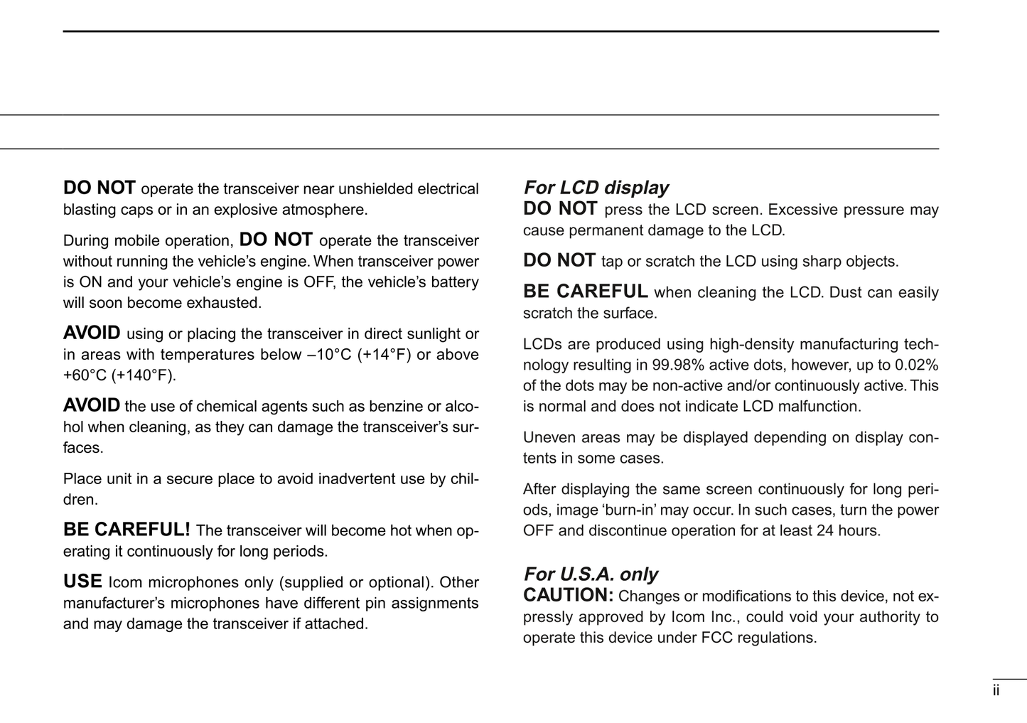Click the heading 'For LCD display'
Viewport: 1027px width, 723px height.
[x=596, y=188]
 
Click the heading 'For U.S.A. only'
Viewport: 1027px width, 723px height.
[x=590, y=574]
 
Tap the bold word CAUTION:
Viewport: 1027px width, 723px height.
[x=568, y=595]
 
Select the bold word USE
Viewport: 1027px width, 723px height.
[x=82, y=582]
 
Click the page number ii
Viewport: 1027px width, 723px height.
[x=996, y=690]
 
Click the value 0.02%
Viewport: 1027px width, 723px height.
[x=916, y=365]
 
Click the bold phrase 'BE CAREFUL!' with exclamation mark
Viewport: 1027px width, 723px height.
[x=127, y=530]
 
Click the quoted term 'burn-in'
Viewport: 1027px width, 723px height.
[x=616, y=510]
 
